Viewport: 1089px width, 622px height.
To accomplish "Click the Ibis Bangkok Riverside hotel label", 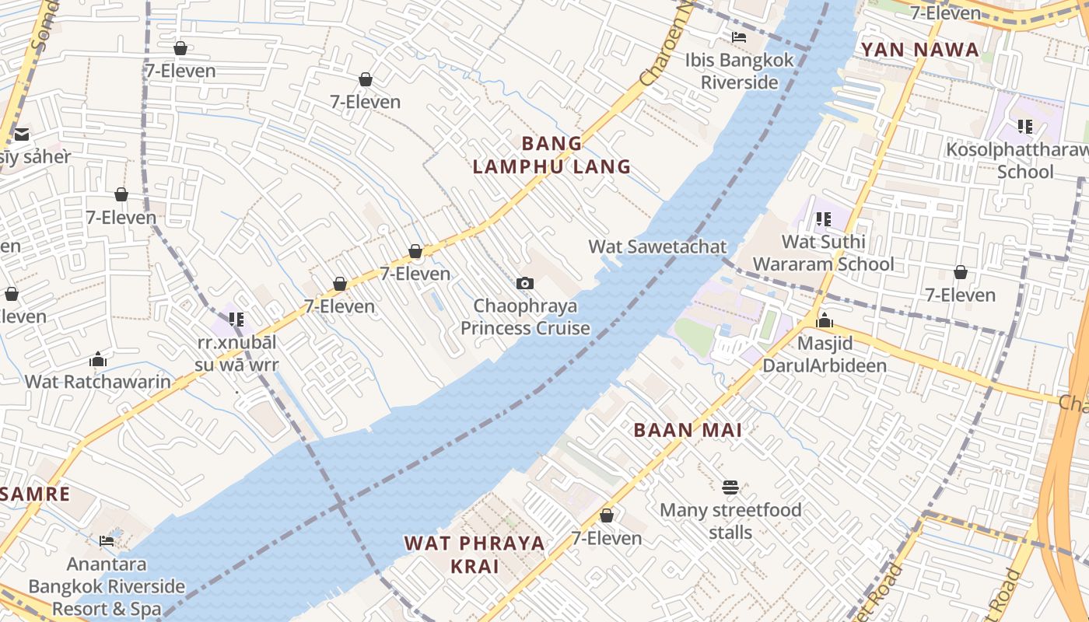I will click(739, 71).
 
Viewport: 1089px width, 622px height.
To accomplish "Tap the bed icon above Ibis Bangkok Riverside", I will click(739, 37).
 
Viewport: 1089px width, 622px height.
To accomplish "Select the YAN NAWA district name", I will click(919, 50).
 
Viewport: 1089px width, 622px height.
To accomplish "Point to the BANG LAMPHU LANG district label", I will click(552, 155).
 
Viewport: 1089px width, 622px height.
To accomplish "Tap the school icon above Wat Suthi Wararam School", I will click(823, 219).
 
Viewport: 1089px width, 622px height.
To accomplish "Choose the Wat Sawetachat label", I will click(657, 246).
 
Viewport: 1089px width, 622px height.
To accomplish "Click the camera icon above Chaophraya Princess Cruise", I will click(525, 283).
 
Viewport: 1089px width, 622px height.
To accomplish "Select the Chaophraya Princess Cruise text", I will click(525, 317).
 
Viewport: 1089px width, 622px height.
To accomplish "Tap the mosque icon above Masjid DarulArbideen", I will click(825, 320).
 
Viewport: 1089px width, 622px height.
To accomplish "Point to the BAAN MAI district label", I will click(688, 430).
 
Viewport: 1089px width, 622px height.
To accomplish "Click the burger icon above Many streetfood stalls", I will click(730, 487).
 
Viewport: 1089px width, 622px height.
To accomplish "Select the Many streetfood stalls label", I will click(730, 521).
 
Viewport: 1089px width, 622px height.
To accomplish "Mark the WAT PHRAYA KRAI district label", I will click(474, 554).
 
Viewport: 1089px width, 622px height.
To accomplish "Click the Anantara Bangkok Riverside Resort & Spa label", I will click(107, 586).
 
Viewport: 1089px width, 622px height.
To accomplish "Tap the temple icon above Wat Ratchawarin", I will click(98, 359).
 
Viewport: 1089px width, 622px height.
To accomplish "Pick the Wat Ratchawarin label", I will click(98, 381).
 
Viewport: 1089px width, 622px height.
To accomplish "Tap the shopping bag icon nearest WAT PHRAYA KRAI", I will click(607, 515).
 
